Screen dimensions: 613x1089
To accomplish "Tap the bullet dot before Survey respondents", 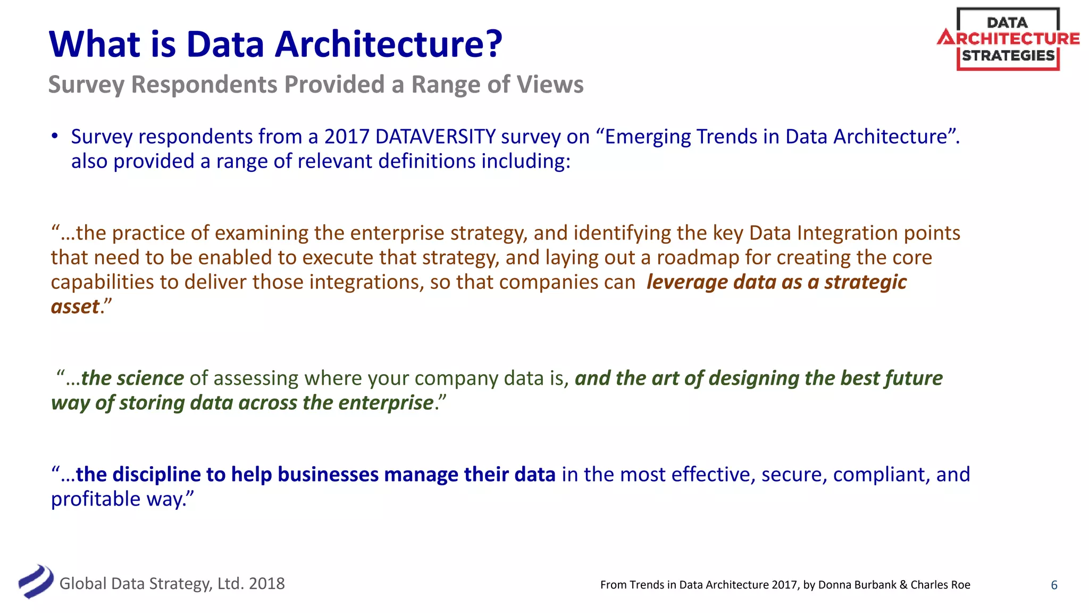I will (x=54, y=136).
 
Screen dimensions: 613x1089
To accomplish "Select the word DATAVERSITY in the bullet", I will (x=435, y=137).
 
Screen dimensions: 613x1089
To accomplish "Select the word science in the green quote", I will (x=150, y=378).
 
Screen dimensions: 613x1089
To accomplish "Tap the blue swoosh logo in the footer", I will (x=36, y=582).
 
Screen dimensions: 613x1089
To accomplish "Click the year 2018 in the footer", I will (x=266, y=584).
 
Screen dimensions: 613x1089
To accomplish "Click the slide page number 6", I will (x=1054, y=585).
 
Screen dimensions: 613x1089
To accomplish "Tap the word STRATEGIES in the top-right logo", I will (x=1008, y=56).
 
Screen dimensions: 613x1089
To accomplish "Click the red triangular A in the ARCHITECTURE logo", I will (x=946, y=38).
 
